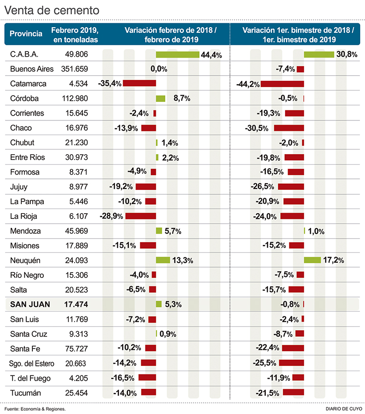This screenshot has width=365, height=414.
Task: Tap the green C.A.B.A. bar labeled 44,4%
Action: [178, 54]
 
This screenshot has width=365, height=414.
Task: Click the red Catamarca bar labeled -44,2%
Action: [282, 84]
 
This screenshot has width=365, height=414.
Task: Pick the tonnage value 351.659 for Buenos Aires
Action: [75, 69]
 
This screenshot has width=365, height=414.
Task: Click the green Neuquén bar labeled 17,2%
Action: [313, 260]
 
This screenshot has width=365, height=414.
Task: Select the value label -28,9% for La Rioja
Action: [111, 216]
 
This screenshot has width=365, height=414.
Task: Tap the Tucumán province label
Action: [26, 393]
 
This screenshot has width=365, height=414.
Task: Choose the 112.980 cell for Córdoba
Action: [75, 99]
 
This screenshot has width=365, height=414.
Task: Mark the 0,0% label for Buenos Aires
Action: [159, 69]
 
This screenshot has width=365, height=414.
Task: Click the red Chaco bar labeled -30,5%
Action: [289, 128]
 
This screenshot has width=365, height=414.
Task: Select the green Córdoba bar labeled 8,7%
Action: [161, 99]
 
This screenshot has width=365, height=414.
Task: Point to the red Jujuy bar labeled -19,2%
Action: [146, 187]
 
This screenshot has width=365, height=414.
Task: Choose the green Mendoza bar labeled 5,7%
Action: [159, 231]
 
